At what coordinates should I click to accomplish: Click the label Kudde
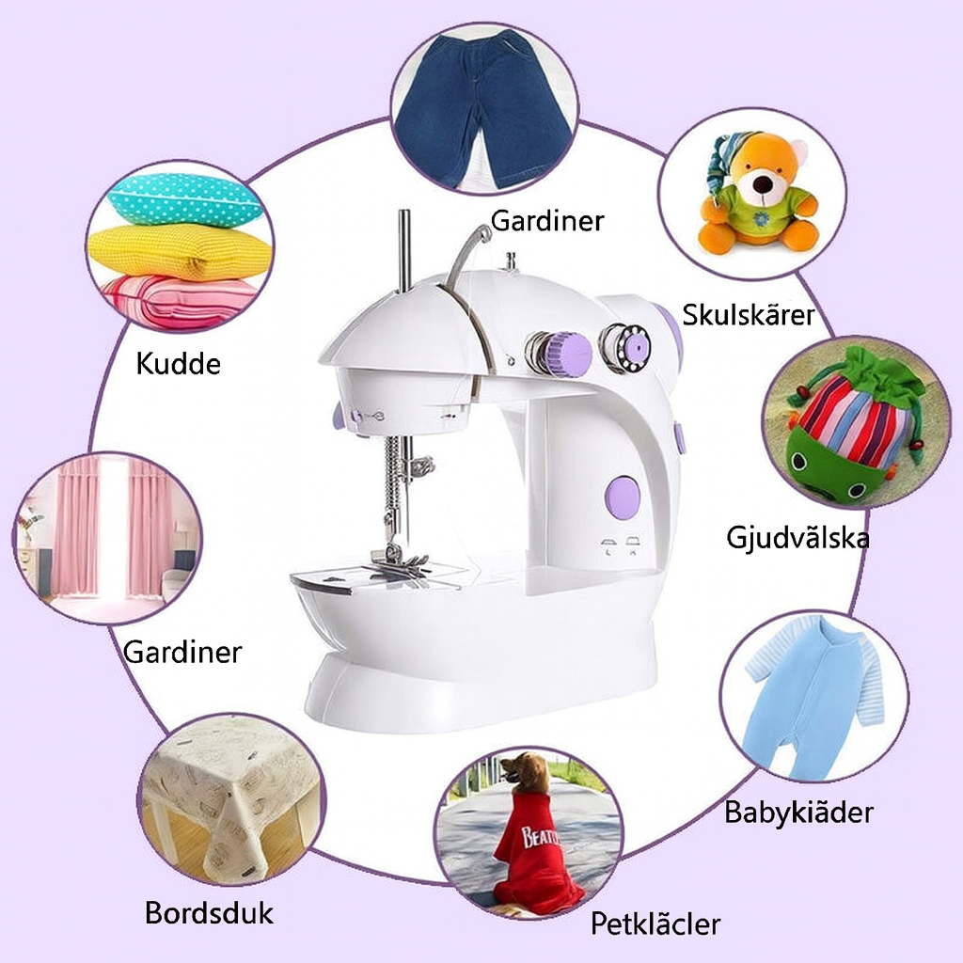click(179, 363)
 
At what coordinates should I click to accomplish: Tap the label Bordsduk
click(209, 912)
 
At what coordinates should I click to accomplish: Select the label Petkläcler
click(655, 923)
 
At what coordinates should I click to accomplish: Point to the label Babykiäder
click(798, 812)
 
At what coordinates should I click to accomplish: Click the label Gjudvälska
click(797, 538)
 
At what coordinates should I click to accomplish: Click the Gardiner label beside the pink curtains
click(182, 651)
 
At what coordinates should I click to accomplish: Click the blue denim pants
click(482, 108)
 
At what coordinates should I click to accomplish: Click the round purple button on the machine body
click(623, 497)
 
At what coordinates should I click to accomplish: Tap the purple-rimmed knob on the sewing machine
click(562, 354)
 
